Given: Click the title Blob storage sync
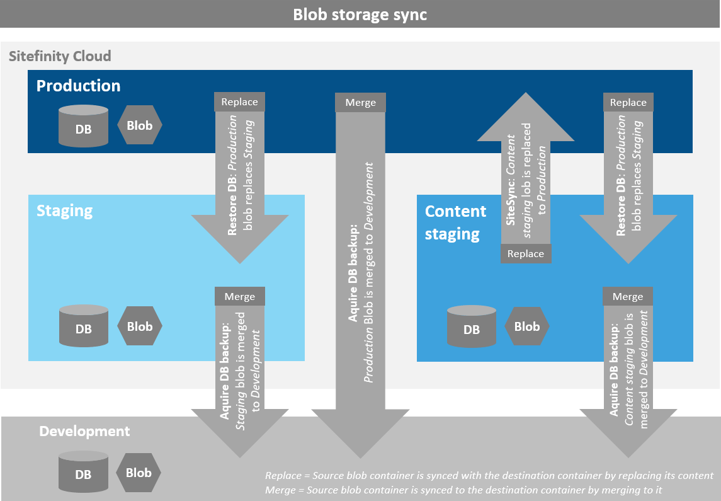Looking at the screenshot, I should point(360,14).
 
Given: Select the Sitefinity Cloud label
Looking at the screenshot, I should point(60,56).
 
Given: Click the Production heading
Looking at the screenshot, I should point(78,86).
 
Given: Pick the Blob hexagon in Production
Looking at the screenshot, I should point(140,125).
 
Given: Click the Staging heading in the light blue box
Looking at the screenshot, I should point(64,210).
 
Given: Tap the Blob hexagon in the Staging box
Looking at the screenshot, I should point(140,326).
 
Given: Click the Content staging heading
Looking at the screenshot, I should point(455,222).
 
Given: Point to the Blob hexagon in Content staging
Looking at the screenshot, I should point(527,326).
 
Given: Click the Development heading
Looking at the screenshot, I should point(84,431).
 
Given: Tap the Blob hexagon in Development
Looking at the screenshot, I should point(139,473).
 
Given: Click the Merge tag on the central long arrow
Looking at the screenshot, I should point(361,103).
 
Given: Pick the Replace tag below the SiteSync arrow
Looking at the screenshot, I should point(526,253).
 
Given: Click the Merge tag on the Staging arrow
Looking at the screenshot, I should point(240,296).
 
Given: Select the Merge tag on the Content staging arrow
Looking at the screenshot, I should point(628,296).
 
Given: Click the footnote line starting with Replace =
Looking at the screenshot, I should point(489,475).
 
